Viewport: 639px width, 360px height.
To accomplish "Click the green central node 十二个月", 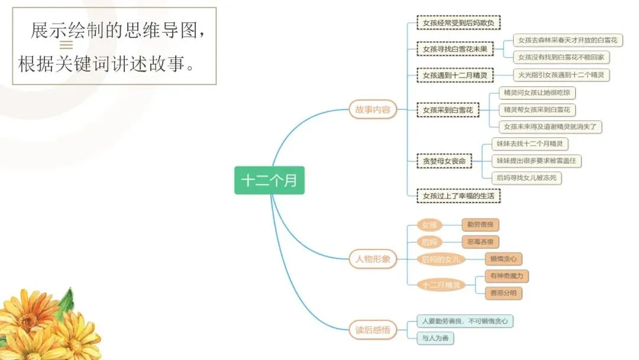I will click(x=269, y=181).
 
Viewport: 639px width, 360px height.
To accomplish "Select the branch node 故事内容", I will click(x=373, y=110).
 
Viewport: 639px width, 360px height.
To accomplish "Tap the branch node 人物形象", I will click(x=373, y=259).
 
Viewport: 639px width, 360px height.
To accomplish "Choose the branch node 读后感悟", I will click(x=373, y=330).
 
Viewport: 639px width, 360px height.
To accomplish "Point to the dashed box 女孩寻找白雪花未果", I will click(x=455, y=49).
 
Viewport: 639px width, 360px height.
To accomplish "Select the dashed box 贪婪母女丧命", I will click(x=444, y=161).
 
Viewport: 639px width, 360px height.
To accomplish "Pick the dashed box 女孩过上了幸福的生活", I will click(x=459, y=195).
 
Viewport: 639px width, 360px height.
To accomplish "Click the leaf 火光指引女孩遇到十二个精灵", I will click(x=561, y=75).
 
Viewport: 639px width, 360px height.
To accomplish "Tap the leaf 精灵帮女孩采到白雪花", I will click(x=537, y=110).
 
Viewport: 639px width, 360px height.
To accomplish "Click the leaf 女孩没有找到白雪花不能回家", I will click(x=561, y=57).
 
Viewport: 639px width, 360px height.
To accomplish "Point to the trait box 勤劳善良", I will click(x=480, y=224).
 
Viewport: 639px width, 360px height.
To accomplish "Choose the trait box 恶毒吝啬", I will click(x=480, y=242).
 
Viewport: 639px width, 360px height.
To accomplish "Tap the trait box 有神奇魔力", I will click(x=506, y=276).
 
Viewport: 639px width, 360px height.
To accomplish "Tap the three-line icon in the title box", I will click(x=66, y=45).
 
